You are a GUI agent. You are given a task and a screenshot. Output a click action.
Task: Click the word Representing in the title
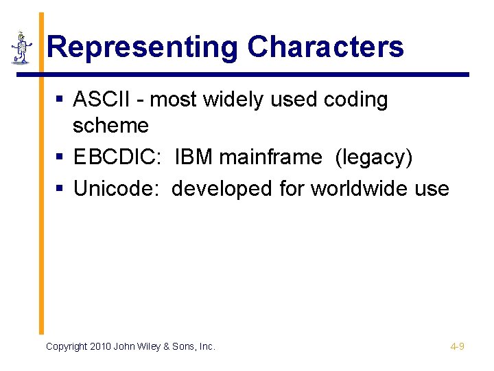143,47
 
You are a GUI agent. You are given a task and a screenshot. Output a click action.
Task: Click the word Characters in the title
325,47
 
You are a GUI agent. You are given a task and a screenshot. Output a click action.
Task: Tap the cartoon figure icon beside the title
22,48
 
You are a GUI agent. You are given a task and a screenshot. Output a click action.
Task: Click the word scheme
110,126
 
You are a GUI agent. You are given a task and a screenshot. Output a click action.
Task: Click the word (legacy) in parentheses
374,157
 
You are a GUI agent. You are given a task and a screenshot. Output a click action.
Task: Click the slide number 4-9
457,346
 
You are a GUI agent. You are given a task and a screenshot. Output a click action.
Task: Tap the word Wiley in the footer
153,346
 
